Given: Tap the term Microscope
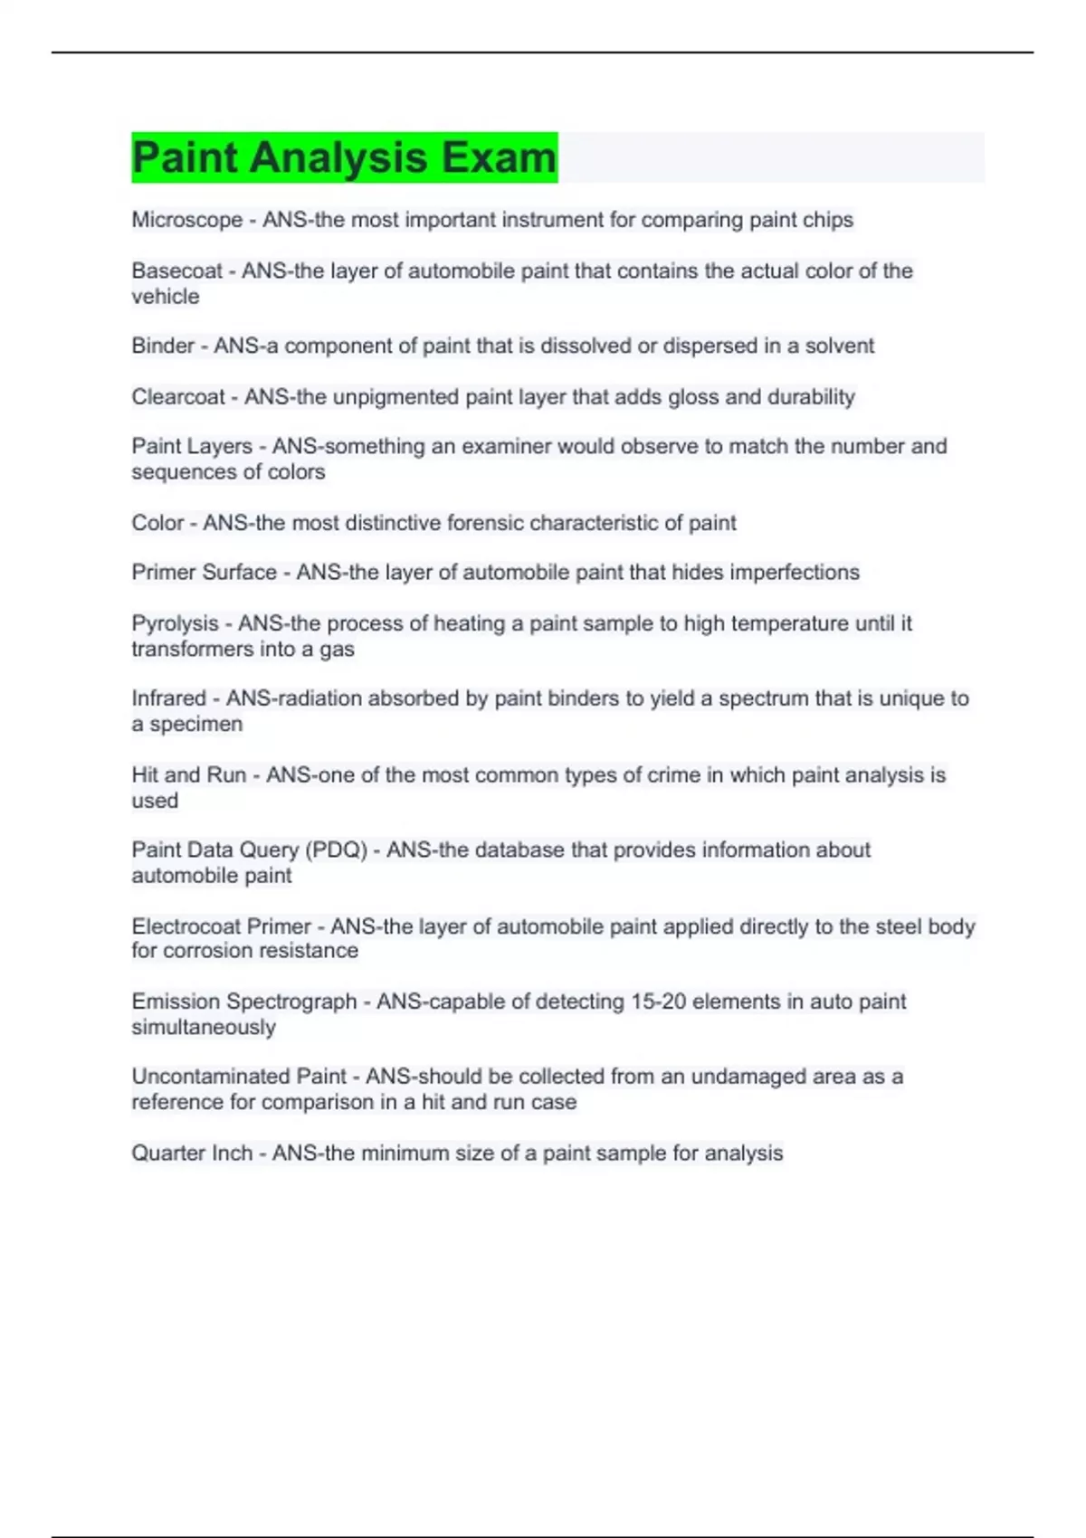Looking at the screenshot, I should (x=187, y=220).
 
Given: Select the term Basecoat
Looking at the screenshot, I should (x=176, y=271).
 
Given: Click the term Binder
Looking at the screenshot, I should (x=163, y=346).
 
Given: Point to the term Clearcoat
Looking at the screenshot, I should (x=178, y=397).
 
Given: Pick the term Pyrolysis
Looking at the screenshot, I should (x=176, y=623).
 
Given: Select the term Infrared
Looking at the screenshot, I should (x=169, y=698).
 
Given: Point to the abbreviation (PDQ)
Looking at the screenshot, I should (x=337, y=850).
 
